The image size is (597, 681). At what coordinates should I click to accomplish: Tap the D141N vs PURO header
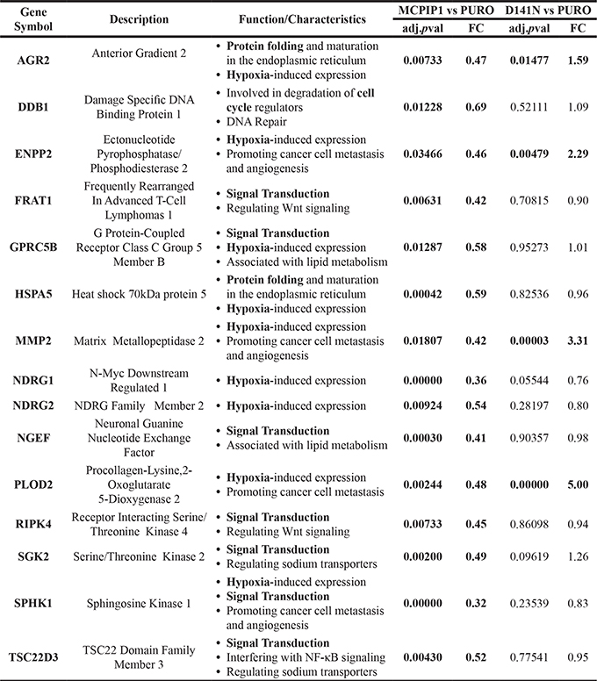pos(543,11)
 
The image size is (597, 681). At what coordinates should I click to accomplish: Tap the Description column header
pos(139,18)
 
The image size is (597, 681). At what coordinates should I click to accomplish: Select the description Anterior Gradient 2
pos(139,53)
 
